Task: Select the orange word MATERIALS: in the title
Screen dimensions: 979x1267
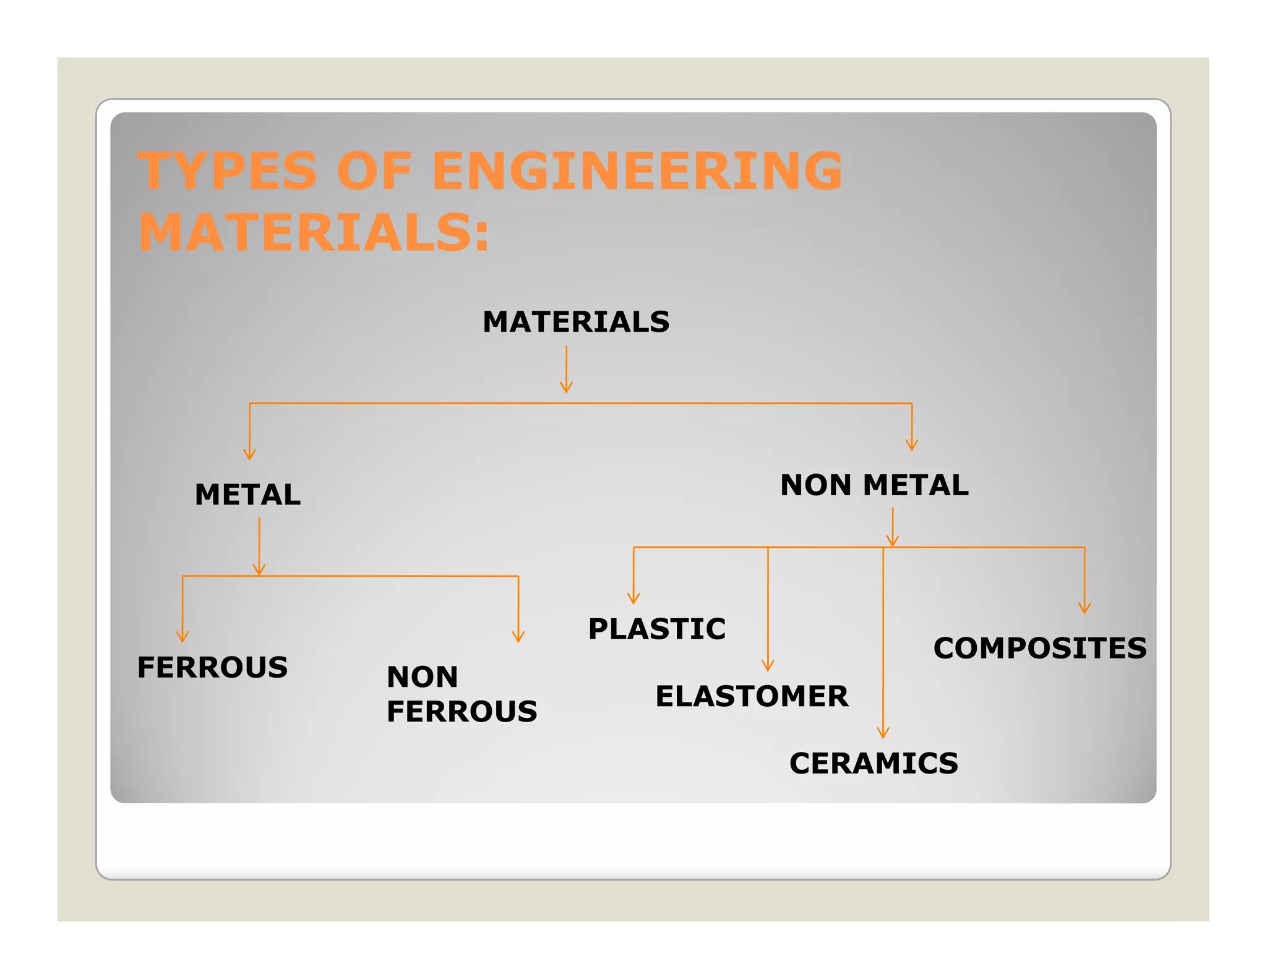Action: click(314, 233)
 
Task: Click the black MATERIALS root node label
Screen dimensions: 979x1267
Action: click(576, 322)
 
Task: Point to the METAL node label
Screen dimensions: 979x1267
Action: click(247, 494)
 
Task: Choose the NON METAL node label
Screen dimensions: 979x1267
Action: click(874, 485)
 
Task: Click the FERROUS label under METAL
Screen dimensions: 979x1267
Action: click(212, 667)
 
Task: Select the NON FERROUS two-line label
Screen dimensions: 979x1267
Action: click(462, 694)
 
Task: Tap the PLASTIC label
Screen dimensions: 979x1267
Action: click(657, 629)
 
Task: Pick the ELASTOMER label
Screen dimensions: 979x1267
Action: click(752, 696)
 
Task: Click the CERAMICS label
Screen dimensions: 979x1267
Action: click(874, 763)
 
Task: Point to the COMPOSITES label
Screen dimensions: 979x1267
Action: click(1040, 648)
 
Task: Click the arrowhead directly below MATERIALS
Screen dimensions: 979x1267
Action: click(566, 388)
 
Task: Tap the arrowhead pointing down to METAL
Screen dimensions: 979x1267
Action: click(249, 455)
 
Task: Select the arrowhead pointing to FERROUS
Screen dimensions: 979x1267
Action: click(182, 637)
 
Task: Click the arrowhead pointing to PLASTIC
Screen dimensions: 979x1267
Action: click(633, 599)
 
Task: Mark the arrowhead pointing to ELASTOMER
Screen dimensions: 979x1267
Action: click(768, 666)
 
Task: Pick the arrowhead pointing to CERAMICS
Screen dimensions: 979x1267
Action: click(883, 733)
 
